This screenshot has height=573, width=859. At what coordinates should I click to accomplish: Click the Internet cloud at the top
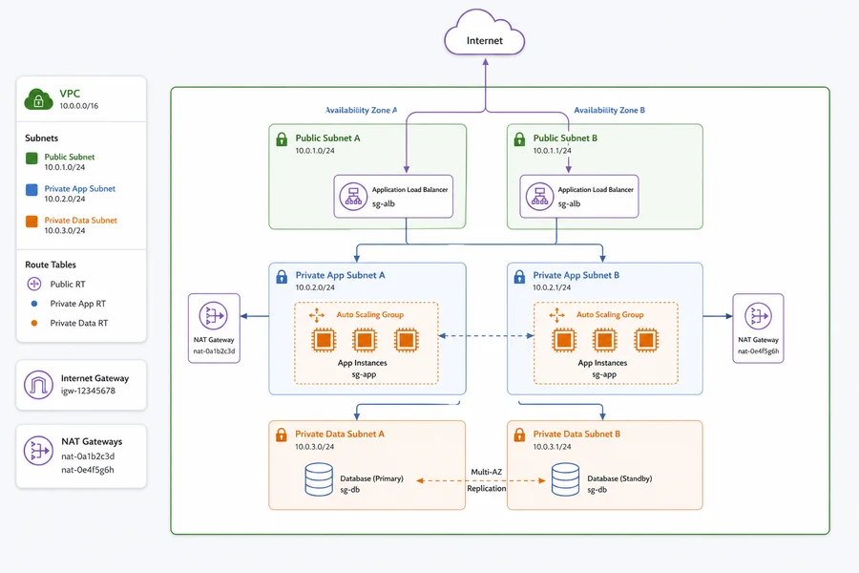click(x=484, y=32)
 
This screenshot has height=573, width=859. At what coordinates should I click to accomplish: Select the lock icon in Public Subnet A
click(x=282, y=139)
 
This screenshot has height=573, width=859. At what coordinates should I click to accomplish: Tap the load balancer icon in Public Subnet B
click(x=539, y=197)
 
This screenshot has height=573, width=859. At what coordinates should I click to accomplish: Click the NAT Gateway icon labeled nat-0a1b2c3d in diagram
click(x=214, y=316)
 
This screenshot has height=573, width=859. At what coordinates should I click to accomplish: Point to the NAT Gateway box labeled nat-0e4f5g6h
click(x=758, y=328)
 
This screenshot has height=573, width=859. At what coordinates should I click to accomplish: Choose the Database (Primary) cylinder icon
click(x=319, y=479)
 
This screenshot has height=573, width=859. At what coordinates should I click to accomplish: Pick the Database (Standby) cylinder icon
click(x=565, y=479)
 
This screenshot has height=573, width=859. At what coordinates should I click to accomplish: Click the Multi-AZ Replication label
click(x=487, y=479)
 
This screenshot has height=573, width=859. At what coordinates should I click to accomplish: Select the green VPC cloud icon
click(x=38, y=99)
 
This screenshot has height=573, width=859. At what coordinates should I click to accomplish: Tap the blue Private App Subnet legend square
click(x=31, y=190)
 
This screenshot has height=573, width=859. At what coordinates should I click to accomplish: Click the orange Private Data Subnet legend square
click(x=31, y=222)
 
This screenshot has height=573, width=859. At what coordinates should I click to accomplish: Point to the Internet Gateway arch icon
click(x=38, y=384)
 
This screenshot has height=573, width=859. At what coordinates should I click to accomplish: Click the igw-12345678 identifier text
click(x=88, y=391)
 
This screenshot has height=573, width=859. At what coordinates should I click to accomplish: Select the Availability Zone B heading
click(x=609, y=110)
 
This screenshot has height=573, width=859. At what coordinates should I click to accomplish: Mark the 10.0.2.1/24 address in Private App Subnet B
click(x=552, y=287)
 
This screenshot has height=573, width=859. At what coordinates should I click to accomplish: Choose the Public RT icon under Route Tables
click(x=34, y=284)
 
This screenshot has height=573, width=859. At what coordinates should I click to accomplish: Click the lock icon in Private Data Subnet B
click(x=519, y=435)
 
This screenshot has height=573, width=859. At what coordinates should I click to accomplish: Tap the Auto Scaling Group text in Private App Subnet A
click(x=369, y=315)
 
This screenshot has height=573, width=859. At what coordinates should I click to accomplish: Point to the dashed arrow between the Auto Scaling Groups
click(x=487, y=336)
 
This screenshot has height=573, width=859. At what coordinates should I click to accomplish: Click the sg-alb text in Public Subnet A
click(x=384, y=204)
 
